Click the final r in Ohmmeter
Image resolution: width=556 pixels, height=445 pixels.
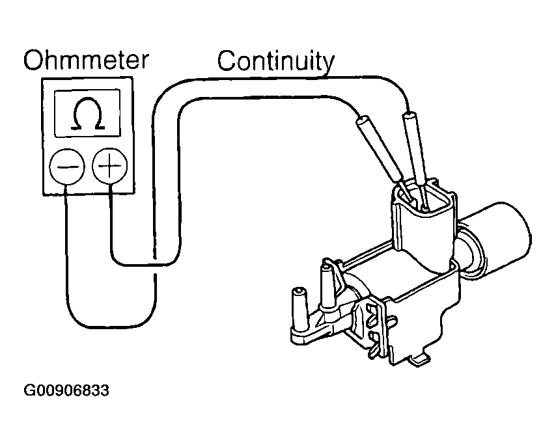[x=144, y=62]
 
